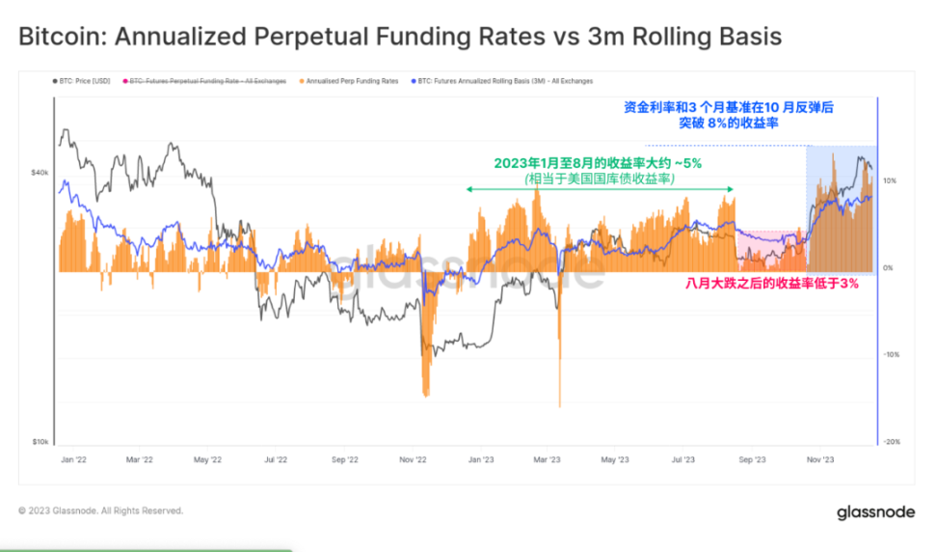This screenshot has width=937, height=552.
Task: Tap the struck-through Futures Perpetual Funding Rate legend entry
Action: (x=208, y=81)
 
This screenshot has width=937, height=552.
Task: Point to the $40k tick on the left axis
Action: (x=40, y=173)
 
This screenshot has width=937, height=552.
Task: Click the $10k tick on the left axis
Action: (x=40, y=442)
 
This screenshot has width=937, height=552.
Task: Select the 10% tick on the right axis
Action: (x=890, y=180)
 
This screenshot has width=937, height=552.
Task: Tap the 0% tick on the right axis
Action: (x=889, y=267)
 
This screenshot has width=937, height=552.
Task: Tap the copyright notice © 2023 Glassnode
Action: (x=100, y=511)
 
